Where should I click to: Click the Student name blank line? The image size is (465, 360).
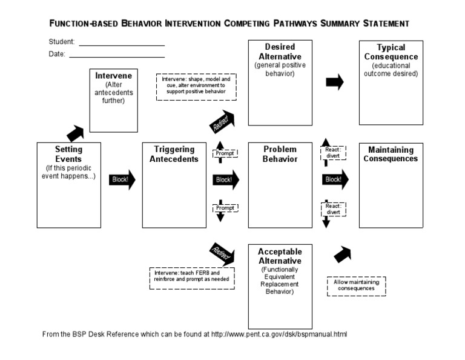coord(121,45)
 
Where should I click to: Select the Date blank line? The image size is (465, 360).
coord(116,56)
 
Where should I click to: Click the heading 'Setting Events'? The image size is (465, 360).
coord(68,154)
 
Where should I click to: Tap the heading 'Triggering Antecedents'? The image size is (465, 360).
coord(174,154)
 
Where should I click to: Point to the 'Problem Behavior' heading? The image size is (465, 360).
coord(280,154)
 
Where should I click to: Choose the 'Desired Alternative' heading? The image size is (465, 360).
coord(280,52)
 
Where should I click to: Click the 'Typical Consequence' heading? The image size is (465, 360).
coord(391,52)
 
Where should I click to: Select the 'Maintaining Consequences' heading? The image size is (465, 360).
coord(391,154)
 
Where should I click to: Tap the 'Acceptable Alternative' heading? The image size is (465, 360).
coord(280,256)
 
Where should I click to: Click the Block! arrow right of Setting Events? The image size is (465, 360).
coord(122,179)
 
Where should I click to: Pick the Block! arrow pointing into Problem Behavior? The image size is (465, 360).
coord(226,179)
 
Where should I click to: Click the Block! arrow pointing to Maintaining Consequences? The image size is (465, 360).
coord(335,179)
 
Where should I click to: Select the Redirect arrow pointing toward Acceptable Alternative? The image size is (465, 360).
coord(222,252)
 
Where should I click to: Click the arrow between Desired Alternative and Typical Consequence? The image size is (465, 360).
coord(335,82)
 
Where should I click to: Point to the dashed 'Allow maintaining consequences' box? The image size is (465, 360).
coord(356,285)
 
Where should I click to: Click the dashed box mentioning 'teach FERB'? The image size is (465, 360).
coord(193,276)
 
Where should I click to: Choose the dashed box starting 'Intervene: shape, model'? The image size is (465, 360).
coord(196,87)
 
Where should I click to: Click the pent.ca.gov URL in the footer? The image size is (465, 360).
coord(279,334)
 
